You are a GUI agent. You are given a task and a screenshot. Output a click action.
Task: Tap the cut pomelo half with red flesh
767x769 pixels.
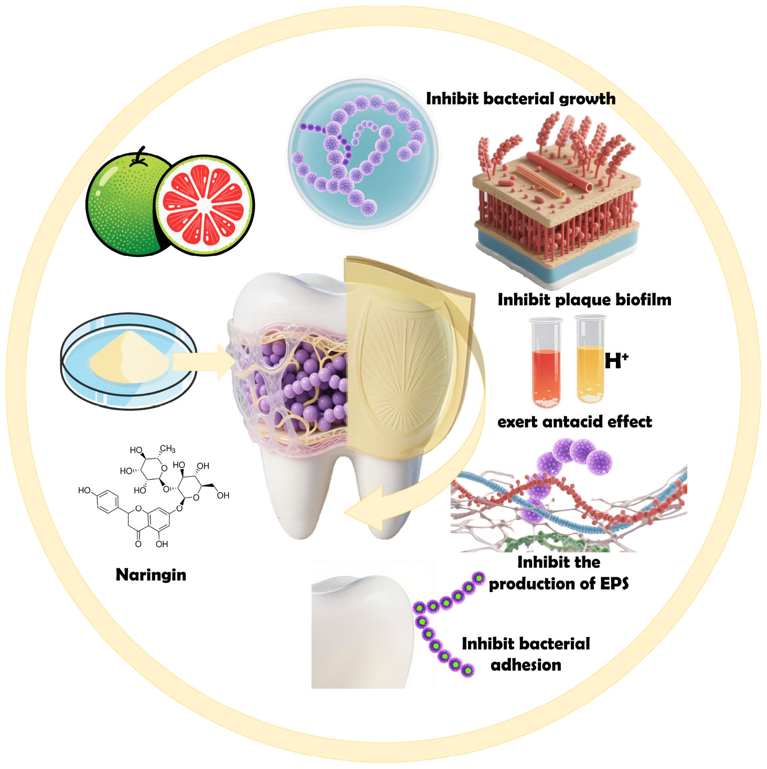pos(204,205)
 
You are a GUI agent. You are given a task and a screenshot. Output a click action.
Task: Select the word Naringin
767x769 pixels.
pos(151,574)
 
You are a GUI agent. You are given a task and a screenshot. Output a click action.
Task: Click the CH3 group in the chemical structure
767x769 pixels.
pos(167,449)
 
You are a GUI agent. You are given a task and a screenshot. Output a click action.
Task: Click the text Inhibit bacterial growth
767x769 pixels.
pos(520,98)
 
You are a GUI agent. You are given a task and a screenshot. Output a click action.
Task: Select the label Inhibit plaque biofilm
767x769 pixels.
pos(584,299)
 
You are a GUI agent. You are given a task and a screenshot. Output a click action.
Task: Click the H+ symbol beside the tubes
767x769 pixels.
pos(615,360)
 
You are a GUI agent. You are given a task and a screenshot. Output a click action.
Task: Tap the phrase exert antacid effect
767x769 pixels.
pos(574,421)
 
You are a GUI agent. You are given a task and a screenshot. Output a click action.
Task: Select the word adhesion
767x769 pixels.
pos(526,665)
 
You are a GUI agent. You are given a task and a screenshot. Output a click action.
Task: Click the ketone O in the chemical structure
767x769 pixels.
pos(138,544)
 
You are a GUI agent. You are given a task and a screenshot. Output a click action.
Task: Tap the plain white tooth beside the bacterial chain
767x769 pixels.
pos(362,630)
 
